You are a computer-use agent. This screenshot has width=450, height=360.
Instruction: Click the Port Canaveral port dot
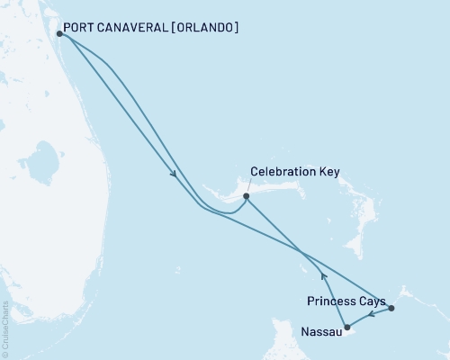point(59,34)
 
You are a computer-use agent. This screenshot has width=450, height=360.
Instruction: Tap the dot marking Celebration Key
point(246,194)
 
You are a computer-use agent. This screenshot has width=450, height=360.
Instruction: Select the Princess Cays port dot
point(391,309)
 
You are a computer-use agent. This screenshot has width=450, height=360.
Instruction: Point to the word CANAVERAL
point(136,28)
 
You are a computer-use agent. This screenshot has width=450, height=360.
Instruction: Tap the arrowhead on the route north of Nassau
point(323,277)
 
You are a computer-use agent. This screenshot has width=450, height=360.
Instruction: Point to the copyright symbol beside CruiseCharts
point(5,355)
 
